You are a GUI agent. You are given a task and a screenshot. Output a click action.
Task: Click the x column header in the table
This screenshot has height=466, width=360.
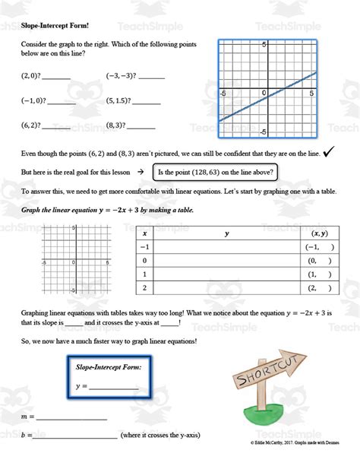[144, 234]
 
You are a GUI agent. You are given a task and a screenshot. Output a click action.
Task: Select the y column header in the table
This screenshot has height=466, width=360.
[226, 234]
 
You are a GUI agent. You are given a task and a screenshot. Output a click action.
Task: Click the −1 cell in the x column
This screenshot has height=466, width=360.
[145, 247]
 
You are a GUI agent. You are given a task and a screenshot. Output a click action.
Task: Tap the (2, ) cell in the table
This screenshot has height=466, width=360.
[318, 287]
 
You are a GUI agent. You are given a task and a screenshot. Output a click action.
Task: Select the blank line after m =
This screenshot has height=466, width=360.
[72, 417]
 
